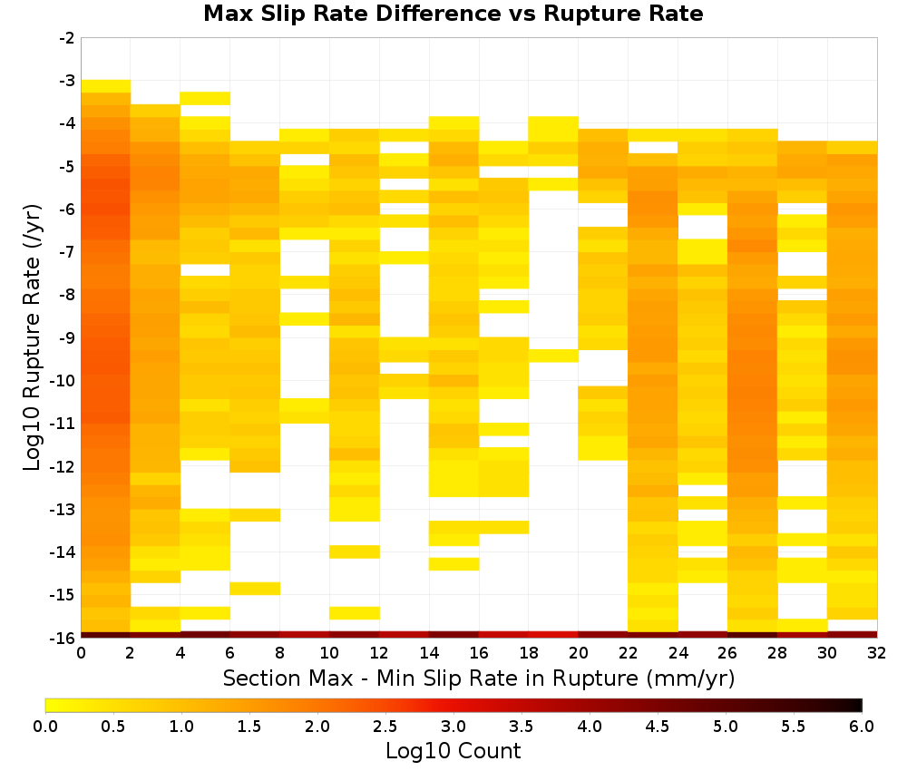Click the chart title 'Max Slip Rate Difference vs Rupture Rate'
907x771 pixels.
(x=453, y=14)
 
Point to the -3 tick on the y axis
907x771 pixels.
(x=67, y=81)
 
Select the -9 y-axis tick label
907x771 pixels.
(x=67, y=337)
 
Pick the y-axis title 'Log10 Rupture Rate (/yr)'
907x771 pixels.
(x=32, y=337)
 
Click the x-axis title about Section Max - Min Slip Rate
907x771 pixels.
(x=479, y=678)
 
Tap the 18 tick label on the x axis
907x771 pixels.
(x=529, y=653)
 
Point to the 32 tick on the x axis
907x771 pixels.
(x=877, y=653)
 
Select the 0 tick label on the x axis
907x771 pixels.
(x=81, y=653)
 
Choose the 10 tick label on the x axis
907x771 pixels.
(x=330, y=653)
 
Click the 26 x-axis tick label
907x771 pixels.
(x=727, y=653)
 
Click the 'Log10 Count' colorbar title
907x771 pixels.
(x=453, y=751)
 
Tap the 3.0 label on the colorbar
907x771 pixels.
(x=453, y=726)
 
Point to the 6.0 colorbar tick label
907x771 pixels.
(x=862, y=726)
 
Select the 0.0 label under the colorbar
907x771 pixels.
(x=45, y=726)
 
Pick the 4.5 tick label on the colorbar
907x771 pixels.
(x=658, y=726)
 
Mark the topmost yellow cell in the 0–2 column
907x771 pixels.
(x=106, y=86)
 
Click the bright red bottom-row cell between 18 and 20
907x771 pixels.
(x=553, y=635)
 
